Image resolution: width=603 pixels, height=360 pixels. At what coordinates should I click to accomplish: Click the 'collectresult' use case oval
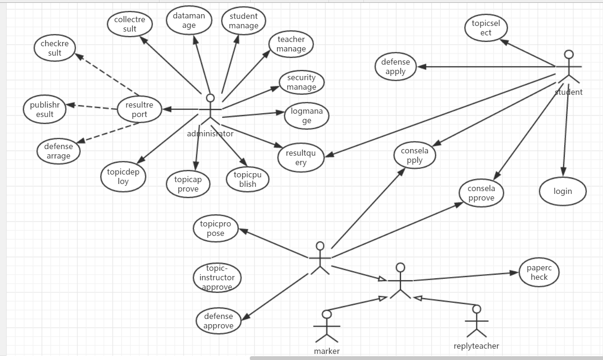tap(130, 25)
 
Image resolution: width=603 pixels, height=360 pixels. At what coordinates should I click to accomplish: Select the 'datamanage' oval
tap(189, 20)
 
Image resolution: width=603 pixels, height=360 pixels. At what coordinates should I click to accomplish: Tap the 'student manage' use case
tap(244, 21)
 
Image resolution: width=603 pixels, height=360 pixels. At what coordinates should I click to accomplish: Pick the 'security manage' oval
tap(301, 83)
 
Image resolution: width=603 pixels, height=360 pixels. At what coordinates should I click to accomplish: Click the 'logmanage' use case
tap(307, 116)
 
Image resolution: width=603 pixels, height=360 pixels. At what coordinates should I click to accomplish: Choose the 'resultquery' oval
tap(301, 158)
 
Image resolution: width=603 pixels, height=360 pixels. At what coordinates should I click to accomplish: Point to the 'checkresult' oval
tap(55, 48)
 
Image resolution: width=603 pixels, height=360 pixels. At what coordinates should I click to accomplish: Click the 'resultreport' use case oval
tap(139, 109)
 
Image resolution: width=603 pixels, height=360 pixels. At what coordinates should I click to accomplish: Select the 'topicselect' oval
tap(486, 28)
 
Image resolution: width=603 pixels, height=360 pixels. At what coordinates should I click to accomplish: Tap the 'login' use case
tap(562, 191)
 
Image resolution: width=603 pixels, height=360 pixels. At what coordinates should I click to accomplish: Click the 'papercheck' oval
tap(539, 272)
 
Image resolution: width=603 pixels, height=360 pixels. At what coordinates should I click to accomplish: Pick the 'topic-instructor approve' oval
tap(217, 277)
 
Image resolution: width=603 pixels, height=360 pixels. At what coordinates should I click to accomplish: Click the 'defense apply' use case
tap(396, 67)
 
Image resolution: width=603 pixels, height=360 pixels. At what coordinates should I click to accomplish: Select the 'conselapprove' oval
tap(481, 193)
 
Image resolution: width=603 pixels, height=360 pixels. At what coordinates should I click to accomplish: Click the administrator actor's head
tap(211, 98)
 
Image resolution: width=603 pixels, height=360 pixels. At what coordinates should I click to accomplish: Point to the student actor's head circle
tap(569, 54)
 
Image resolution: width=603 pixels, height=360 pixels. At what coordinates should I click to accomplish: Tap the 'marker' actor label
tap(327, 351)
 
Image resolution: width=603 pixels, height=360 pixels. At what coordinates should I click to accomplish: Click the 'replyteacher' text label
tap(476, 346)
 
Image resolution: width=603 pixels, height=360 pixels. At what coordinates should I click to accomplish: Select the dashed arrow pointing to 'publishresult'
tap(92, 107)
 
